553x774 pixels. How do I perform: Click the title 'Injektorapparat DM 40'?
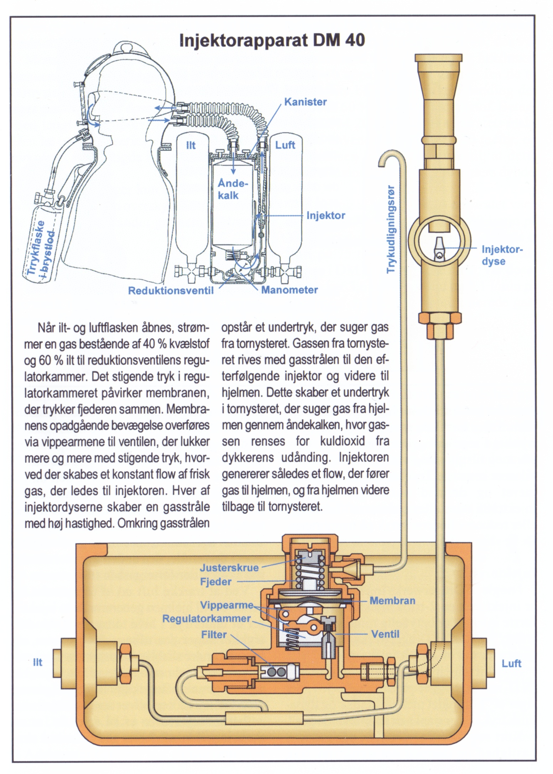272,40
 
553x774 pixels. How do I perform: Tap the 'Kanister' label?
305,102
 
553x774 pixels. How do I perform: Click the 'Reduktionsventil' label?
171,291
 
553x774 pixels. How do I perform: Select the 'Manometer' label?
289,290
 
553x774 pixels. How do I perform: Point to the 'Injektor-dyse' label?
502,255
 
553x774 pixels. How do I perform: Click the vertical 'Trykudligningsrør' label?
391,229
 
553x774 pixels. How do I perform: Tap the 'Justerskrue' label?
229,567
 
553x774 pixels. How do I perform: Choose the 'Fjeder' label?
216,582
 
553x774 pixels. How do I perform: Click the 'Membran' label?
392,601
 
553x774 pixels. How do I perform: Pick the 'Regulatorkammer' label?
207,618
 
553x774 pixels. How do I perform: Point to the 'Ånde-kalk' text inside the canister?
232,189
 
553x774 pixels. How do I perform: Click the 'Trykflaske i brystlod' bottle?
41,246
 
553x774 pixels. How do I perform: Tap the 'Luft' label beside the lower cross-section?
511,663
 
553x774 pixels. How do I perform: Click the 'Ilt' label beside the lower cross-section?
37,662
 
